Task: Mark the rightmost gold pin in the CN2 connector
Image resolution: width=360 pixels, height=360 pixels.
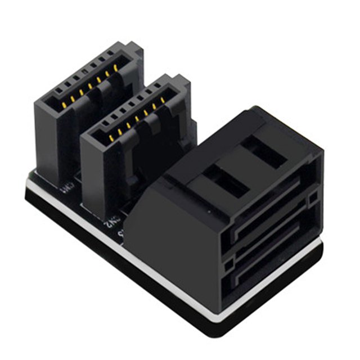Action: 163,100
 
